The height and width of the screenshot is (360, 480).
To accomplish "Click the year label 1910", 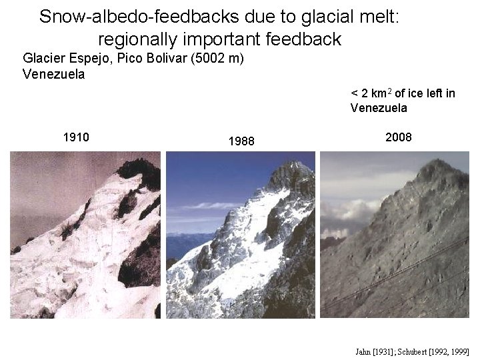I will [x=76, y=138].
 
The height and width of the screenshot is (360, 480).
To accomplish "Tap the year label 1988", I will [x=241, y=141].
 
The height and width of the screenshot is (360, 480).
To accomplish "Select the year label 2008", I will [x=399, y=137].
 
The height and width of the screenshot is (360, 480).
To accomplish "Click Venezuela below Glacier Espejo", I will [x=53, y=74].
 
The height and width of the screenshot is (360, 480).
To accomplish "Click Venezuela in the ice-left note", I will [x=379, y=108].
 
